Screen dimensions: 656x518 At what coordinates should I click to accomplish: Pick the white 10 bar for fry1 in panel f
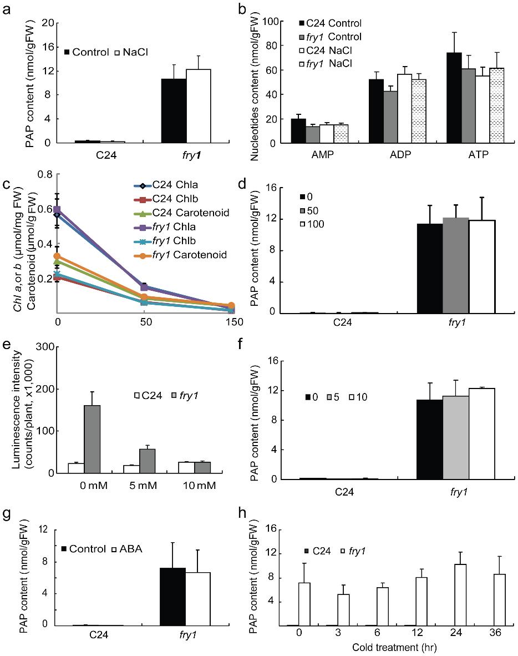tap(481, 433)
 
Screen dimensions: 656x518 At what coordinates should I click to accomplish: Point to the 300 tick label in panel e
tap(44, 347)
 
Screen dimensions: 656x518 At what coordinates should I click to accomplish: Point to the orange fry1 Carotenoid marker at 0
tap(58, 256)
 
